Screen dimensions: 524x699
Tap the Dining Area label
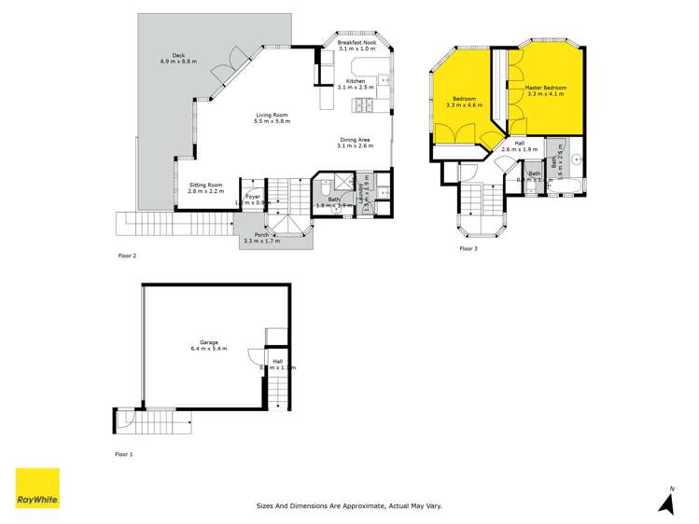point(356,143)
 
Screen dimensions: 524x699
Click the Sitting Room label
point(206,187)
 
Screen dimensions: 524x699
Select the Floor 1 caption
point(124,454)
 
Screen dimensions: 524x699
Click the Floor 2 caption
point(127,255)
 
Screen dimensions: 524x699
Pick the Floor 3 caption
point(468,249)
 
